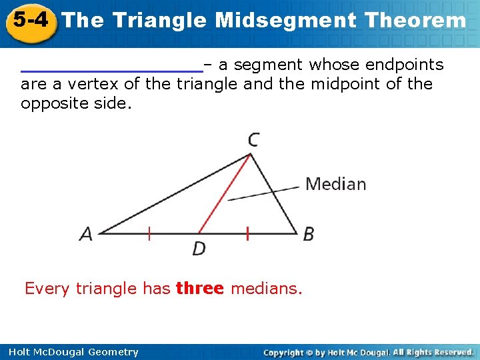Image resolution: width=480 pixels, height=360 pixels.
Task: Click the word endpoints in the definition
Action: coord(404,65)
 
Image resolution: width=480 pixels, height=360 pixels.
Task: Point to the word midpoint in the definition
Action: coord(357,84)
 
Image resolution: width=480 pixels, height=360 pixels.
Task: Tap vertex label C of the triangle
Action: coord(253,140)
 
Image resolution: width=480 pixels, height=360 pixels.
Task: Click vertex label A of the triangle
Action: coord(86,234)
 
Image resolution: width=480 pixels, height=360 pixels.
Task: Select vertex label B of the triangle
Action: coord(308,234)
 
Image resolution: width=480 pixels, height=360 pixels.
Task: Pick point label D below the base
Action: coord(199,249)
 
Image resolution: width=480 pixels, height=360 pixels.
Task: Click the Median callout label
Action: coord(335,184)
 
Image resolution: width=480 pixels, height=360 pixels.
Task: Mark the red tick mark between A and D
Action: coord(149,233)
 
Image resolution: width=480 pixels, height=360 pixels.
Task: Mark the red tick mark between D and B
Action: coord(247,233)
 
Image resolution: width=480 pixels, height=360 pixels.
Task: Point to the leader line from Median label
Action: coord(263,193)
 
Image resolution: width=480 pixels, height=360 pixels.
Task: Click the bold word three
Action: coord(199,289)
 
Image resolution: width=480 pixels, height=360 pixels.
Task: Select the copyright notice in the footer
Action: coord(368,352)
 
